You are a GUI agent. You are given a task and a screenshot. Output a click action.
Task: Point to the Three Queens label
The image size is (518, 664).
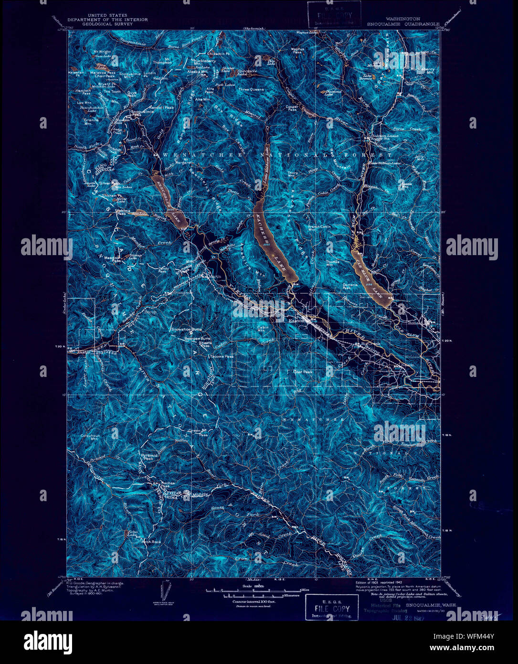tap(251, 89)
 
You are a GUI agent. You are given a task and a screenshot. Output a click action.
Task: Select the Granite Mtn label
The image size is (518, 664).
tap(91, 121)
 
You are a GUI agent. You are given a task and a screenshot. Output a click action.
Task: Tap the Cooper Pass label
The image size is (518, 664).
tap(292, 108)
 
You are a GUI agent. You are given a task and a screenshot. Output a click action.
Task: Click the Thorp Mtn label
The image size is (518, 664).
tap(292, 174)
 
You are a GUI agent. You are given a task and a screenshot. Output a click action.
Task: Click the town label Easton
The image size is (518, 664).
tap(296, 321)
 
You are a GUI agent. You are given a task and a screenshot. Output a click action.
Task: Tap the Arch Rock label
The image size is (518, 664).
tap(152, 542)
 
